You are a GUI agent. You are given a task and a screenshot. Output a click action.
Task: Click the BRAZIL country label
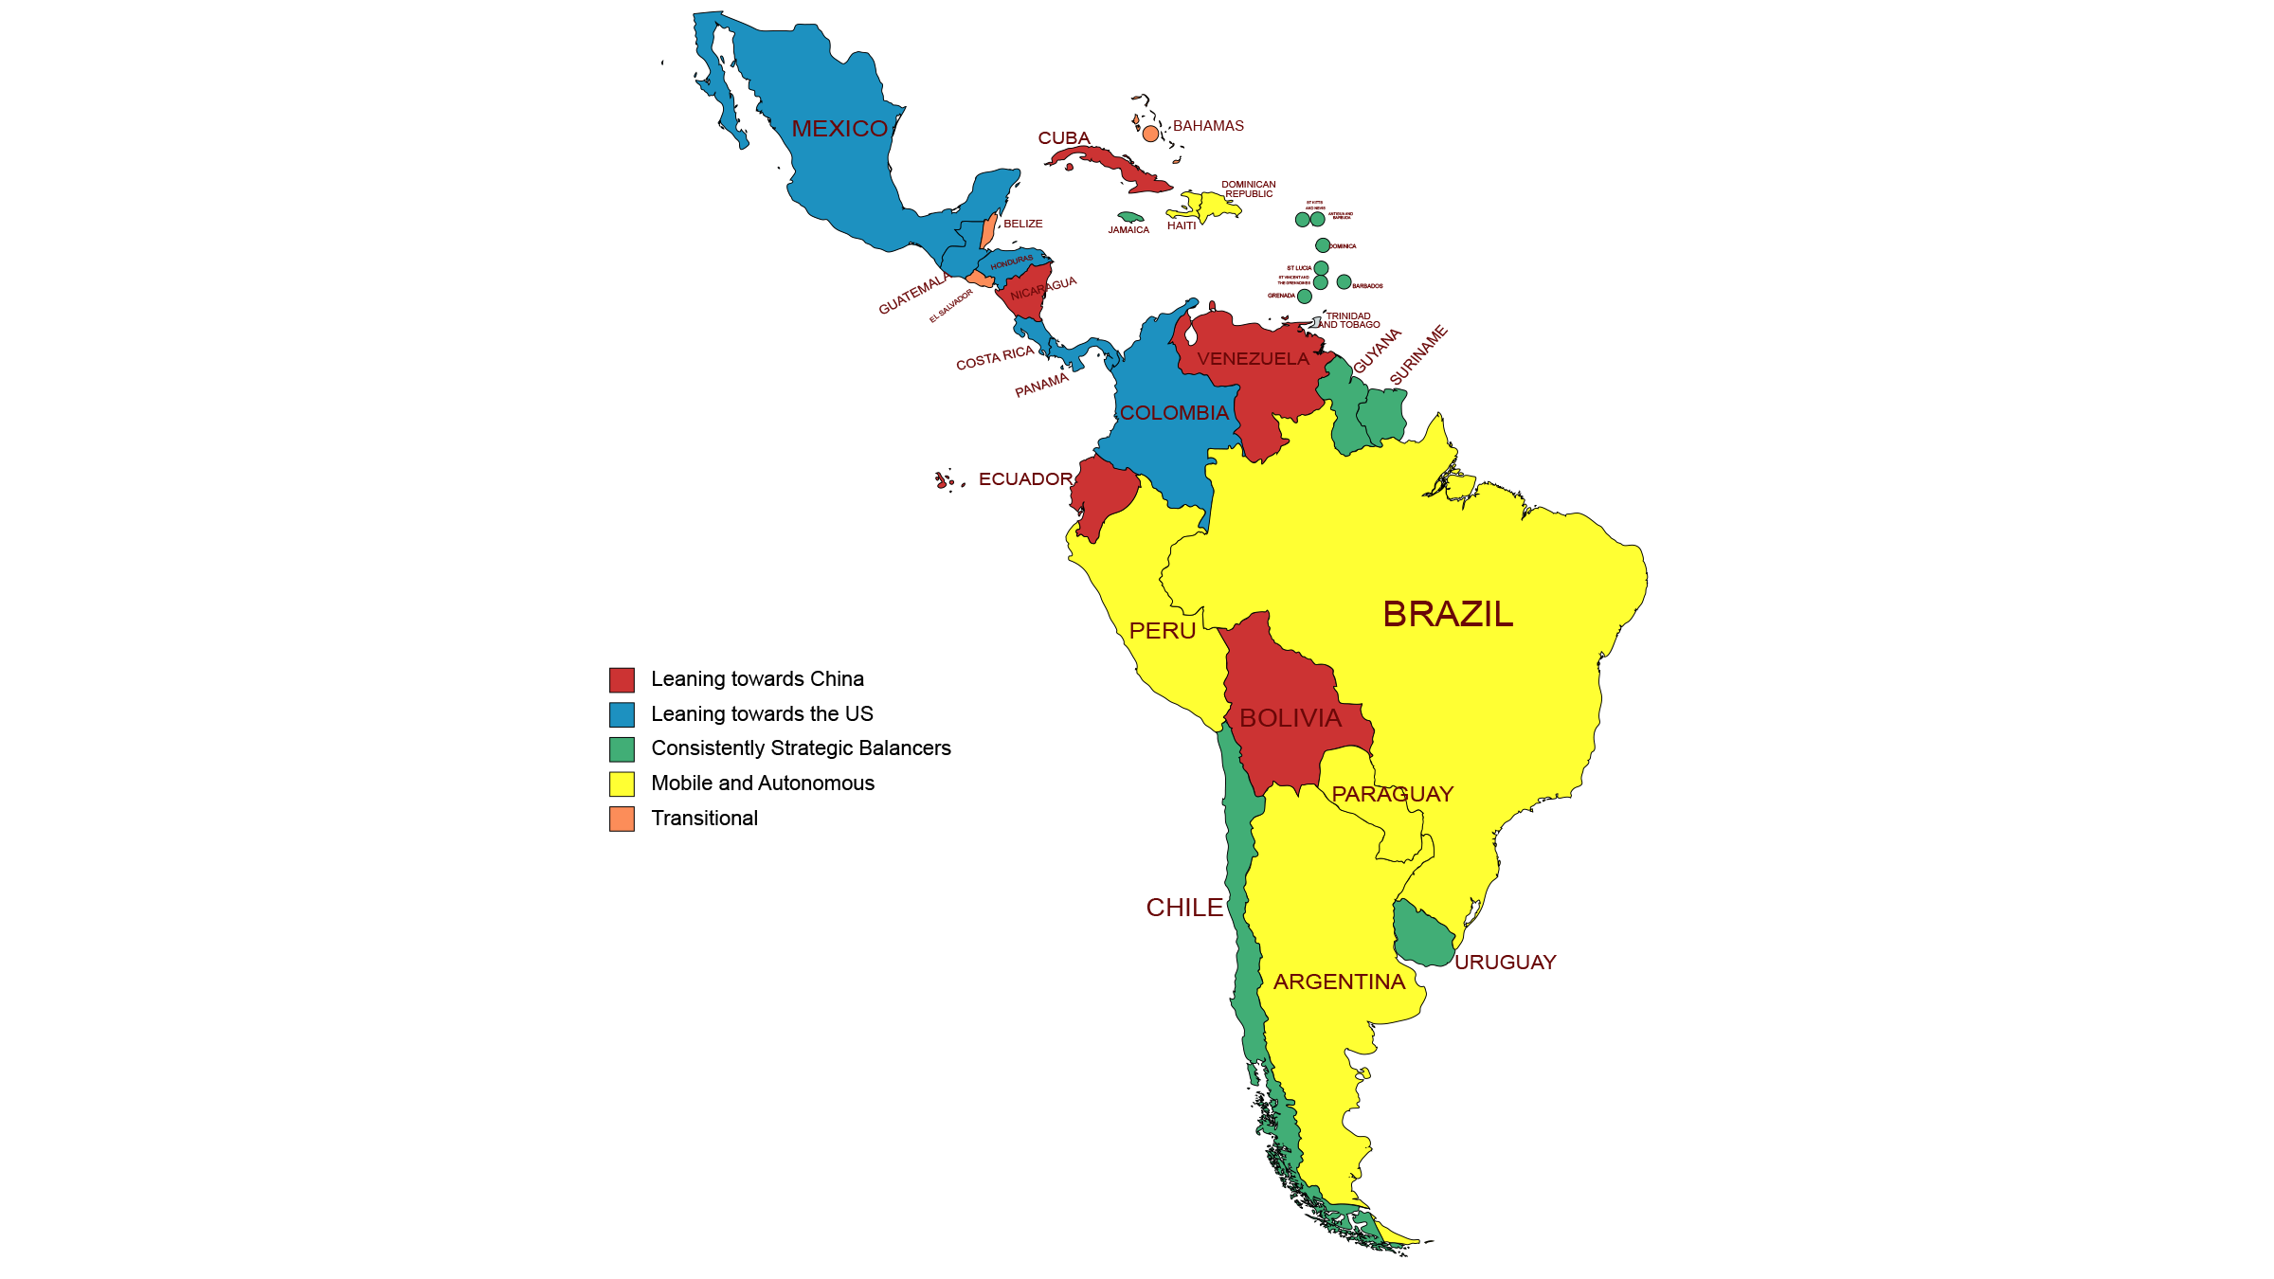pos(1448,614)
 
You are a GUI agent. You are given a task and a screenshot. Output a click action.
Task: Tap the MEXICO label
pos(839,129)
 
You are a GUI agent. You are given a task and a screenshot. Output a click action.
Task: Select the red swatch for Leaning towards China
pos(622,679)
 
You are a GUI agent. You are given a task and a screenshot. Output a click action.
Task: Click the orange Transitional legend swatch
pos(622,819)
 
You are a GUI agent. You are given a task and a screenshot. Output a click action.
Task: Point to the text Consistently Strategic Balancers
pos(801,748)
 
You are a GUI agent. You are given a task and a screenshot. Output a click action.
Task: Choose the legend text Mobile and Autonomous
pos(763,784)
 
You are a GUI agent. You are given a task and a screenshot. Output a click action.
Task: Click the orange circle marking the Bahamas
pos(1150,134)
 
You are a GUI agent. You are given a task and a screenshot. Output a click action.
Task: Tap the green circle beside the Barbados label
pos(1344,281)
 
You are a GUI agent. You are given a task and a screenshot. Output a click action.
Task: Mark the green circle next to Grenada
pos(1305,297)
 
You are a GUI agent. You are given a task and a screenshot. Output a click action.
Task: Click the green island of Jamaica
pos(1130,217)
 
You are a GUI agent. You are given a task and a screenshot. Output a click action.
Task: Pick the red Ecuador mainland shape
pos(1105,493)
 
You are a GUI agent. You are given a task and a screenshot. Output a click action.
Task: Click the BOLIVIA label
pos(1290,718)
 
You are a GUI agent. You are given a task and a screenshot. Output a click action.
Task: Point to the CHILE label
pos(1184,908)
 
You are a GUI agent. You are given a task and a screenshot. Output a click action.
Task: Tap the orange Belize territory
pos(988,230)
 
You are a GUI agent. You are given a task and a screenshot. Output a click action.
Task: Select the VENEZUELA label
pos(1253,359)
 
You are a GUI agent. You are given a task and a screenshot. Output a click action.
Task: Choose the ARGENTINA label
pos(1339,982)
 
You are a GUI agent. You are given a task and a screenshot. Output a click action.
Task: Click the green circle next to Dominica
pos(1323,245)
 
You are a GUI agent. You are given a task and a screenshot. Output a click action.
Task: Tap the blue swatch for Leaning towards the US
pos(622,714)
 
